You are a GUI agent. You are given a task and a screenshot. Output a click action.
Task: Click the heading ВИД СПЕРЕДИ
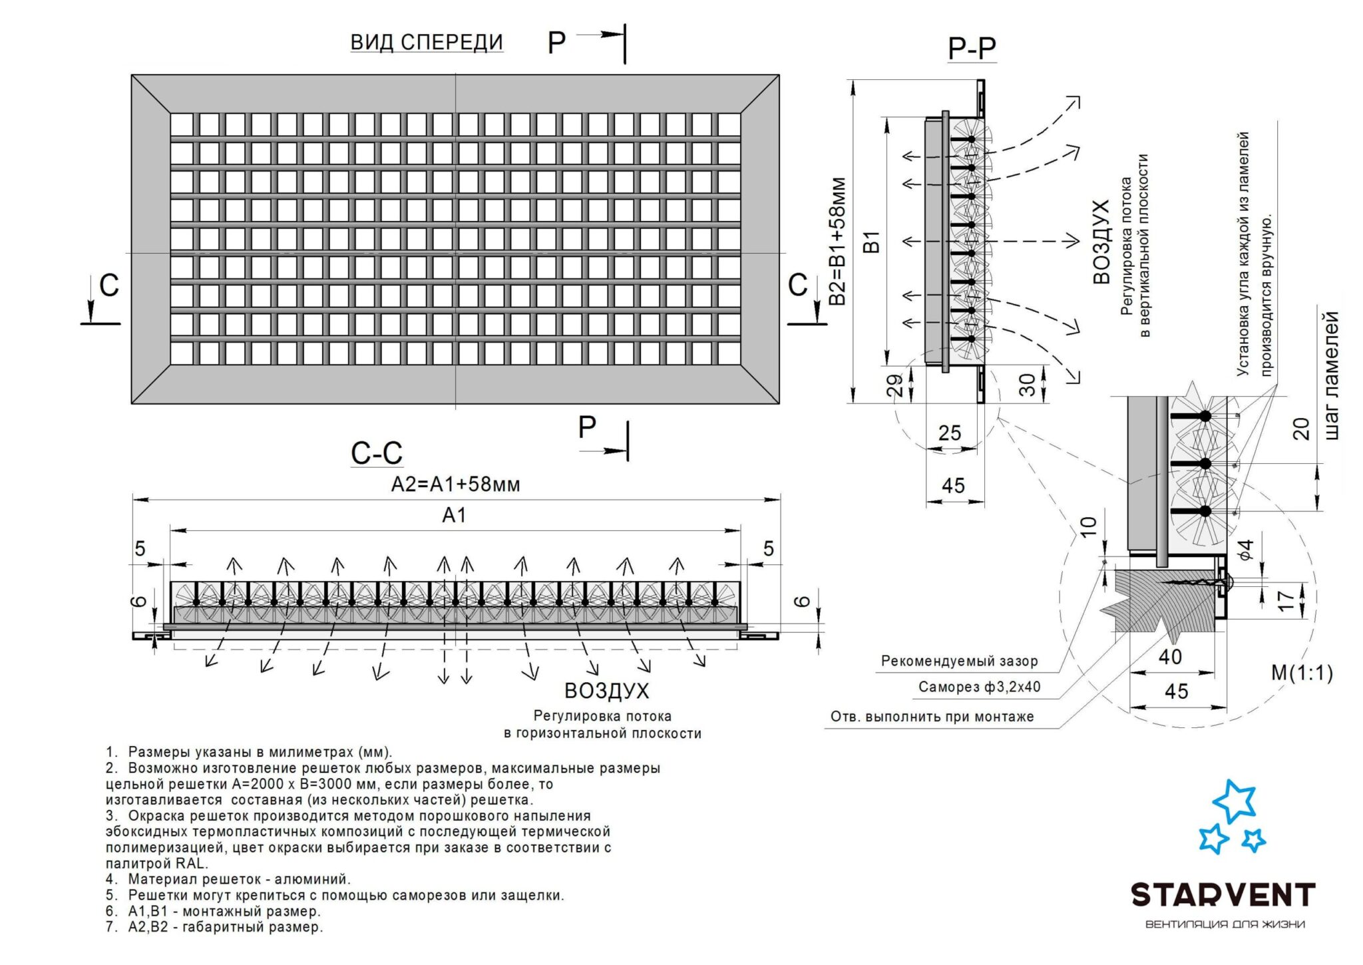click(x=427, y=42)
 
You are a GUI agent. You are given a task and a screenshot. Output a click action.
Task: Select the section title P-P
click(x=972, y=48)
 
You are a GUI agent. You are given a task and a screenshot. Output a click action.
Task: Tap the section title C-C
click(x=377, y=453)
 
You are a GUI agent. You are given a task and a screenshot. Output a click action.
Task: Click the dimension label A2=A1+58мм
click(x=455, y=484)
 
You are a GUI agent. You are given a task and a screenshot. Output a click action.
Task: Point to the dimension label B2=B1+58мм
click(x=838, y=241)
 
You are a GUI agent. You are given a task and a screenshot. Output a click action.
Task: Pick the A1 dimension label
click(x=454, y=514)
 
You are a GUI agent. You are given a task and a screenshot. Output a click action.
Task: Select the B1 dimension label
click(x=872, y=242)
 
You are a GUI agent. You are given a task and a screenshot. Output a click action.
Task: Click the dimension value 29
click(x=896, y=385)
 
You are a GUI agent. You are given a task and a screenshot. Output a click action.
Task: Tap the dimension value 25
click(x=950, y=433)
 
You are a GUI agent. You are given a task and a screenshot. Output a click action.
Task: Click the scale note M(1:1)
click(x=1302, y=673)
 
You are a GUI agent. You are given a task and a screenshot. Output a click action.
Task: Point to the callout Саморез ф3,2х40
click(x=979, y=687)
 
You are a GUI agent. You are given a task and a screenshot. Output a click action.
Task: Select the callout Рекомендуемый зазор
click(x=959, y=661)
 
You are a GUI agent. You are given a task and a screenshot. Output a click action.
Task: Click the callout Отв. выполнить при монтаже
click(x=932, y=717)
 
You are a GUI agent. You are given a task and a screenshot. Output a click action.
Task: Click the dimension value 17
click(x=1286, y=599)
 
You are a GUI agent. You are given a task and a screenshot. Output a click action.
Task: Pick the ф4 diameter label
click(x=1245, y=550)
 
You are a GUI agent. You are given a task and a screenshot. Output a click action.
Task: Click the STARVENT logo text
click(x=1223, y=895)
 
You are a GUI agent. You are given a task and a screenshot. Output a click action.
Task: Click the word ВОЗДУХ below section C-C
click(x=606, y=691)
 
